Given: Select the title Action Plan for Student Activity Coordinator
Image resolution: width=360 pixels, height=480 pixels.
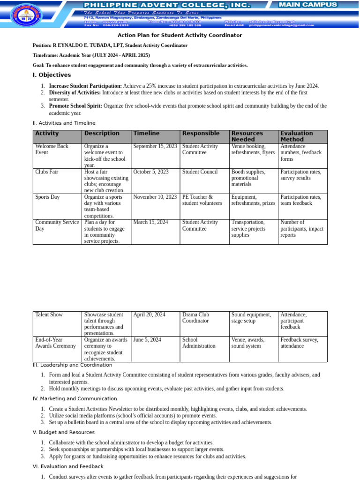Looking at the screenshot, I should pos(180,35).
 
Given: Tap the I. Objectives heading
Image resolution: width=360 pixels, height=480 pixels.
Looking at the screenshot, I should pos(52,75).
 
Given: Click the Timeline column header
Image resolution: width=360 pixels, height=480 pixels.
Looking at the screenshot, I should pos(146,134).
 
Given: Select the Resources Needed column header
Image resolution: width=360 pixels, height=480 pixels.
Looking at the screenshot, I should pos(247,136).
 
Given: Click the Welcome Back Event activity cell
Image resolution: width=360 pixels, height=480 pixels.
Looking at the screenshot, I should pos(52,150).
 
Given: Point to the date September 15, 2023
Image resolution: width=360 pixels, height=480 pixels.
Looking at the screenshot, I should pos(155,146).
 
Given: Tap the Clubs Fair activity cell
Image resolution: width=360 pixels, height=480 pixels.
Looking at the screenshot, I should pos(47,172).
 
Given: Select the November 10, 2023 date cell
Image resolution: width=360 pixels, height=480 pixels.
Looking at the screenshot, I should pos(155,197).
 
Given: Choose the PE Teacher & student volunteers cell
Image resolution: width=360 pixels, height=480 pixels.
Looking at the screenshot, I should pos(202,200).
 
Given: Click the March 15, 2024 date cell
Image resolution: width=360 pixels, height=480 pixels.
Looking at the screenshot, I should pos(150,223).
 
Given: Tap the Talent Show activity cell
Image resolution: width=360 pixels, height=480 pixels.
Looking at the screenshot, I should pos(49,315).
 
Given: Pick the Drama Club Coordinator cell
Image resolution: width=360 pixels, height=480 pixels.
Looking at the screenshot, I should pos(196,318).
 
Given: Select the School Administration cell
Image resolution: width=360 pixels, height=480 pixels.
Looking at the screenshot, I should pos(199,343).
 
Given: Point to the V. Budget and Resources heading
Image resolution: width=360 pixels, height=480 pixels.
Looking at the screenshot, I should pos(63,433).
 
